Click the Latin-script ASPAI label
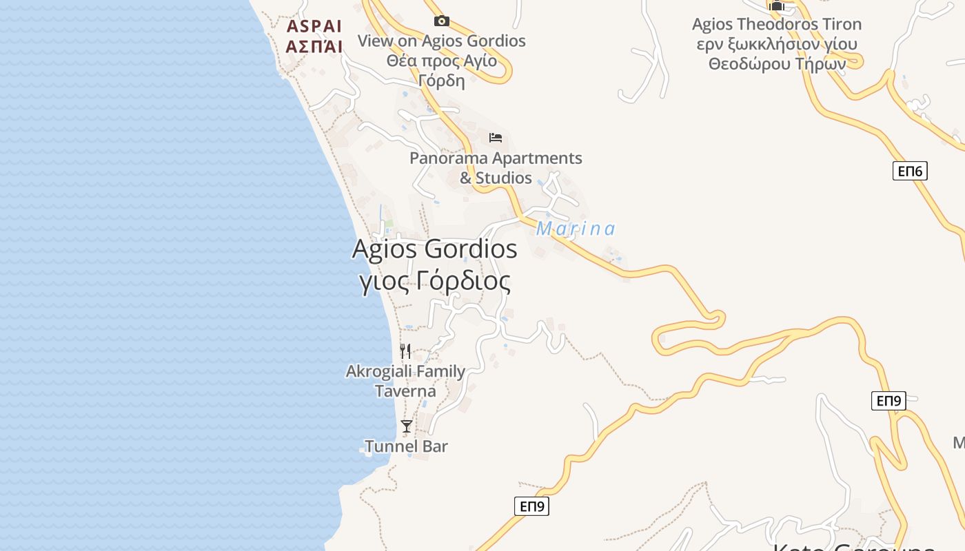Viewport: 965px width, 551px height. tap(314, 27)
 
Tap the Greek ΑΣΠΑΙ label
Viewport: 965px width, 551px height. tap(314, 47)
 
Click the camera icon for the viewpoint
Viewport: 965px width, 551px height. tap(442, 21)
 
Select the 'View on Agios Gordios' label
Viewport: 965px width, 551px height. tap(441, 41)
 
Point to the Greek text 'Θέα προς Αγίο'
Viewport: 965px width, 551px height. tap(441, 61)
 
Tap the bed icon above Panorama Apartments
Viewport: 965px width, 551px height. tap(496, 138)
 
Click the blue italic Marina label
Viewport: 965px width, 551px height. tap(576, 229)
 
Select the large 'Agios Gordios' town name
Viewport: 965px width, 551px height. tap(434, 249)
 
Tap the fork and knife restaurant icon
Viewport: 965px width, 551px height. tap(405, 351)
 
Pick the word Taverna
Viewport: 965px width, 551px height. tap(405, 391)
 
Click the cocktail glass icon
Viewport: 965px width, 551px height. tap(407, 426)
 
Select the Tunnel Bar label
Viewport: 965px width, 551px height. tap(407, 446)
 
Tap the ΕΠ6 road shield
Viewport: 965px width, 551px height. tap(910, 171)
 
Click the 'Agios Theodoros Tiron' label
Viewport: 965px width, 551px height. tap(777, 25)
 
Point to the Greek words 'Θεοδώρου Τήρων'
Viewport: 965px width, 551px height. tap(777, 63)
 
